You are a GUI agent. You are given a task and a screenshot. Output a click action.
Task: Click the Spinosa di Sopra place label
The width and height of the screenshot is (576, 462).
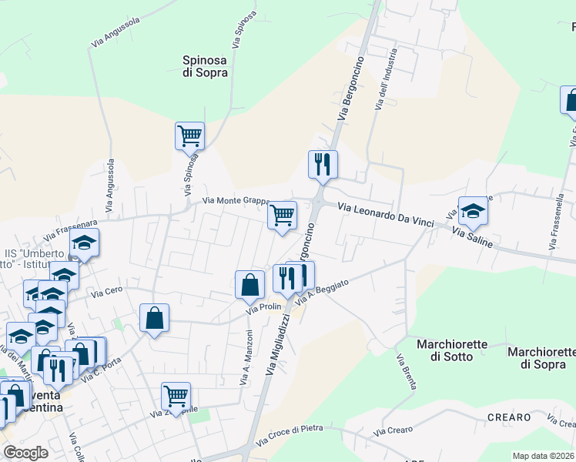(205, 66)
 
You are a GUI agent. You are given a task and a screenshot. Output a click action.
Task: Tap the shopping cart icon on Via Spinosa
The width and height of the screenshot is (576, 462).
(189, 136)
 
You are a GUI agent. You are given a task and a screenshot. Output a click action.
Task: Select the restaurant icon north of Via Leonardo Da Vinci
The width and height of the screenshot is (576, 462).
(323, 164)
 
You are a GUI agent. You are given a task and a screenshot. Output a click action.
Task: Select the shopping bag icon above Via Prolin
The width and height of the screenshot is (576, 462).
(249, 285)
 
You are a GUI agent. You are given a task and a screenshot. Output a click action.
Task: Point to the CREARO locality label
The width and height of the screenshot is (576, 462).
(509, 417)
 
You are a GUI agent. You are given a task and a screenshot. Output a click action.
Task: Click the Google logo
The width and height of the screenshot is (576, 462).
(25, 453)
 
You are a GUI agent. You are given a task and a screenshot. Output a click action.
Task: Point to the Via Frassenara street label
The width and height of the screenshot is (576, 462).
(72, 228)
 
